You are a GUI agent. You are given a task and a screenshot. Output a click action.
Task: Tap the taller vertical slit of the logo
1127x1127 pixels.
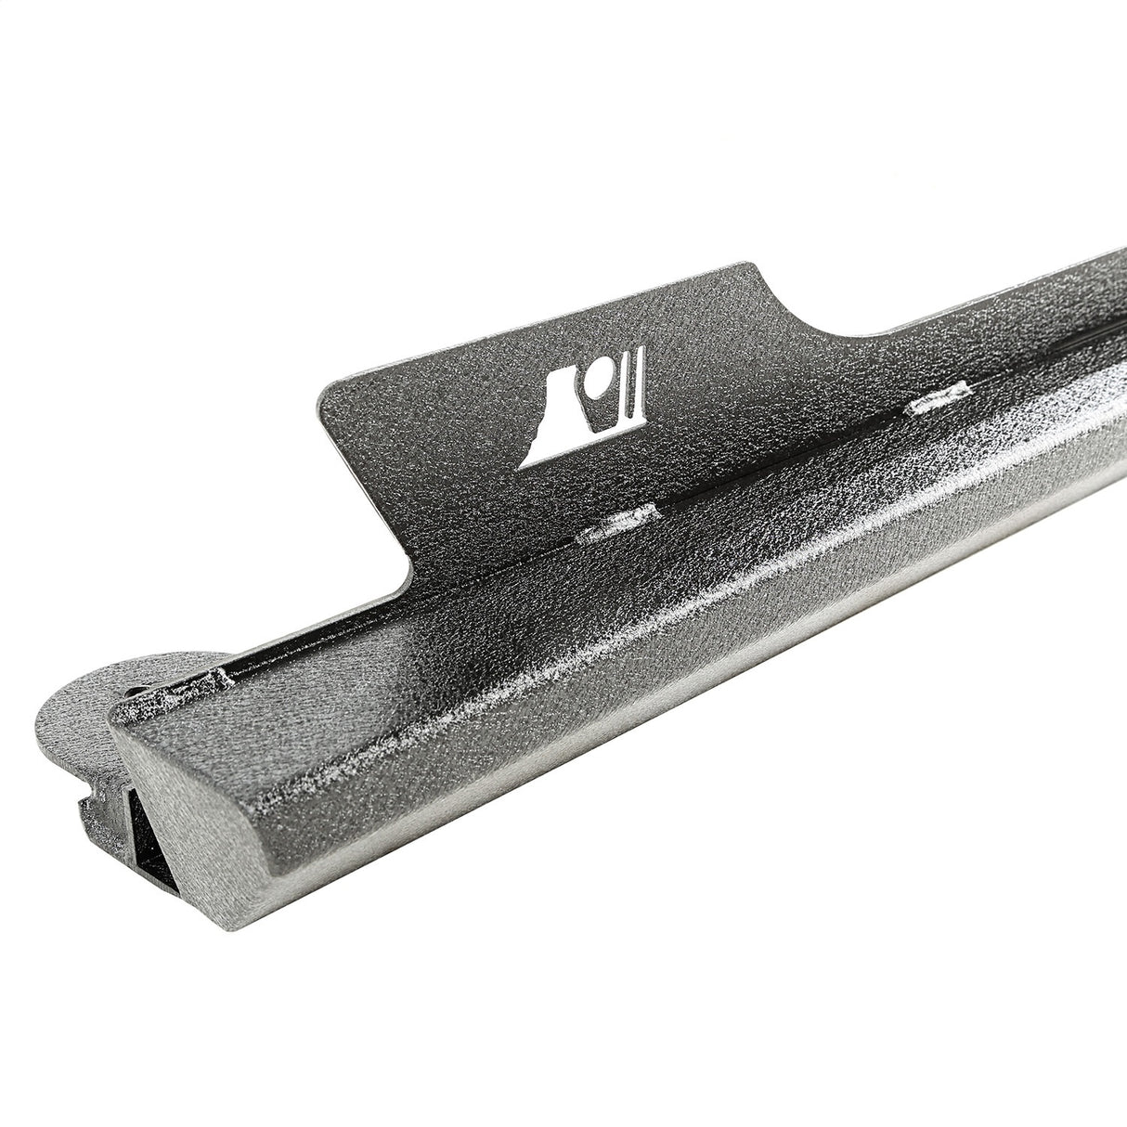click(639, 394)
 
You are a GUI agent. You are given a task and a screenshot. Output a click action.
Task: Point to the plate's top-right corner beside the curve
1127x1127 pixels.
click(757, 268)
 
